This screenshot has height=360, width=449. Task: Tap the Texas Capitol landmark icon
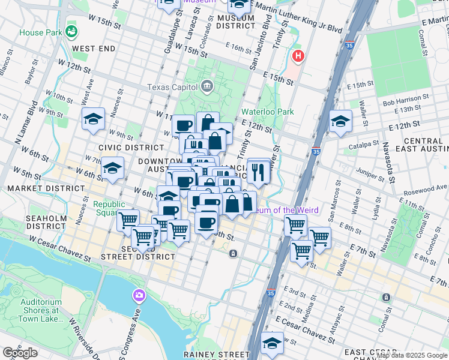click(x=207, y=86)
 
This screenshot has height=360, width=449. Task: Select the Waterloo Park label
click(x=268, y=112)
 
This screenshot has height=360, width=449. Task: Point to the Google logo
click(x=20, y=353)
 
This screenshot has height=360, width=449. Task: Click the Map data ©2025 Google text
click(x=412, y=355)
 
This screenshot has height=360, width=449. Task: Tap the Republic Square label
click(x=109, y=208)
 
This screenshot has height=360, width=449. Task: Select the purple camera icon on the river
click(x=139, y=295)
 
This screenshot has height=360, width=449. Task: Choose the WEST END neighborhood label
click(x=94, y=48)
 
